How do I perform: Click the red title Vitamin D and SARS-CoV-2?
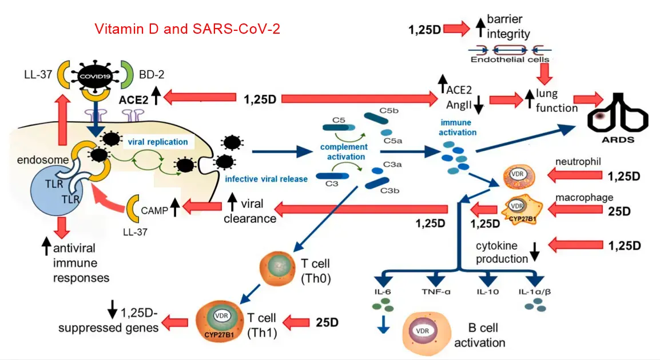[x=187, y=29]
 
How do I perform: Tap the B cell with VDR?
[x=424, y=331]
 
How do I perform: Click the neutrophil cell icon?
[x=516, y=178]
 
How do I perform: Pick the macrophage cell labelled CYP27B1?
[x=518, y=208]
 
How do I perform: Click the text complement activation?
[x=343, y=152]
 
